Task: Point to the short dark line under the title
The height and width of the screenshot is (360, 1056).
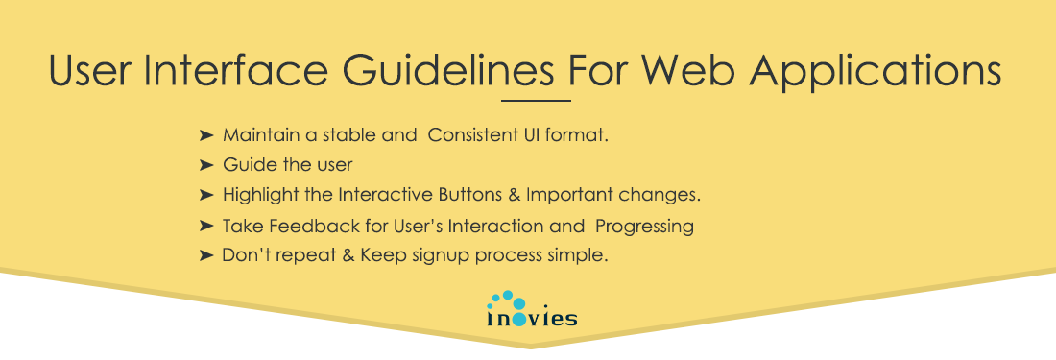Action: pyautogui.click(x=536, y=100)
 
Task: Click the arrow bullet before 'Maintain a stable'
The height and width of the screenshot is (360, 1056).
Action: pyautogui.click(x=205, y=135)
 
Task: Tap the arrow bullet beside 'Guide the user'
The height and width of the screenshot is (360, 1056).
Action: pyautogui.click(x=205, y=165)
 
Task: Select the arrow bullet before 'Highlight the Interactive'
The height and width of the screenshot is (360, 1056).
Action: pyautogui.click(x=205, y=195)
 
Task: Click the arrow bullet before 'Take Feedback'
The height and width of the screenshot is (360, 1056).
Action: pyautogui.click(x=205, y=227)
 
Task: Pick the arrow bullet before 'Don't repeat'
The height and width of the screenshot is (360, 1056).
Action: pyautogui.click(x=205, y=256)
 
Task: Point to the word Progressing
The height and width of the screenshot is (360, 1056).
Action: pyautogui.click(x=644, y=227)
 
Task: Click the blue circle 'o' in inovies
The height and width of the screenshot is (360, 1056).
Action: pyautogui.click(x=518, y=319)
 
